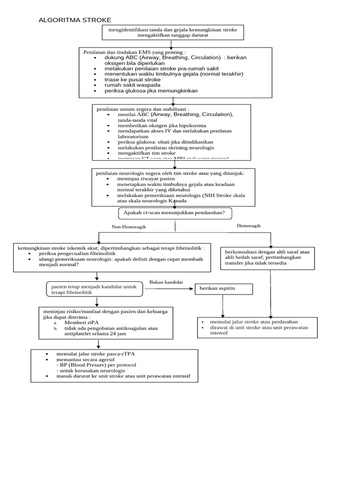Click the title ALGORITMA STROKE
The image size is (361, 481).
tap(75, 20)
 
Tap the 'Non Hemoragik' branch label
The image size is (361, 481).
tap(129, 227)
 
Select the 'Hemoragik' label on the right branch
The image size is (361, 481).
tap(249, 226)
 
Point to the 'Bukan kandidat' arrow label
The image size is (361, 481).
tap(166, 282)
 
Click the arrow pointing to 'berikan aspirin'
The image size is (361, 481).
tap(169, 289)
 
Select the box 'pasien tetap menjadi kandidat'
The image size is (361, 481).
tap(94, 289)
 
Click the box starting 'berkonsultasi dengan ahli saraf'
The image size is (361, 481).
tap(267, 257)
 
